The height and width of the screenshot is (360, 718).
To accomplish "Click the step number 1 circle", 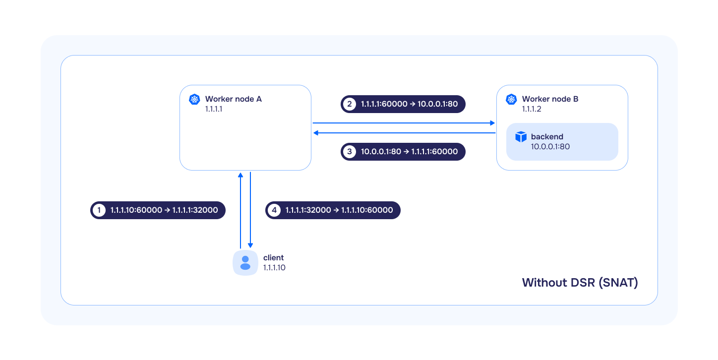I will (x=99, y=210).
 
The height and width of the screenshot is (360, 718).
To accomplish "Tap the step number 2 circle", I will (x=350, y=104).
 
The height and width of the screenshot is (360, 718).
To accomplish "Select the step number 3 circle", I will (x=350, y=151).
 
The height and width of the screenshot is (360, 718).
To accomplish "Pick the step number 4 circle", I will (x=274, y=210).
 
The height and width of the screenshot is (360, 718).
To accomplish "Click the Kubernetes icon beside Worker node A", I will (x=194, y=99).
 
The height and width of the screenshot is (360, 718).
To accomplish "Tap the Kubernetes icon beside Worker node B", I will (x=511, y=99).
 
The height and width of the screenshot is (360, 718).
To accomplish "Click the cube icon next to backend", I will (x=521, y=137).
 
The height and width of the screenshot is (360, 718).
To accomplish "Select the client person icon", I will (x=245, y=263).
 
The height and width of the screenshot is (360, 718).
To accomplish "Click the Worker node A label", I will (x=233, y=99).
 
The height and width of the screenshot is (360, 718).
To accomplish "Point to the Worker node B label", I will (x=550, y=99).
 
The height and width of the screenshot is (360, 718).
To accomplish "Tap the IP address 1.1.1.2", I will (x=531, y=109).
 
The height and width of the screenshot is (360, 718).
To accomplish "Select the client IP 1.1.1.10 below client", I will (x=274, y=268).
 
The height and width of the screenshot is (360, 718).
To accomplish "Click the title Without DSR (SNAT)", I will (x=580, y=283).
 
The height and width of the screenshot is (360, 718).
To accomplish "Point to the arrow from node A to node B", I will (x=404, y=123).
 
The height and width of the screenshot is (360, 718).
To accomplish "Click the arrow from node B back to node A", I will (x=404, y=133).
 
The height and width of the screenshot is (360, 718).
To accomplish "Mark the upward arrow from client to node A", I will (x=240, y=210).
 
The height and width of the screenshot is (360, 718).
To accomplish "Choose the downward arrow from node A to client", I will (x=250, y=210).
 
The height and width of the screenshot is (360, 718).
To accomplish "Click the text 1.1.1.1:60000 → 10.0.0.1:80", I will (x=410, y=104).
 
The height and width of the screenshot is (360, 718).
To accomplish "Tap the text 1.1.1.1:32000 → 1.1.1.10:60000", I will (x=339, y=210).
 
